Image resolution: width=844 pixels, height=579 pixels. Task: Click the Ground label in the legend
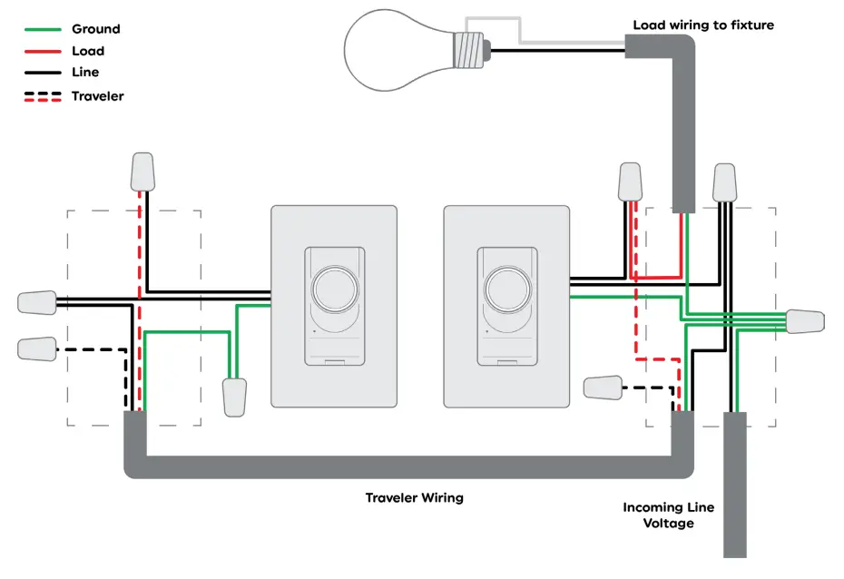[95, 29]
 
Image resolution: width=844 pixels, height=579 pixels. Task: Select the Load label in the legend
[88, 51]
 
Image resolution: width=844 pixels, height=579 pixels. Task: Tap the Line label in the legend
[85, 73]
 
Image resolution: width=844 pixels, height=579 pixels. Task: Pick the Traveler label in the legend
[97, 95]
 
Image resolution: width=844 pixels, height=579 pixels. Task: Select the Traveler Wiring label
[414, 497]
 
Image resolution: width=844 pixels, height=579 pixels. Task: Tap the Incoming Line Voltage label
[668, 515]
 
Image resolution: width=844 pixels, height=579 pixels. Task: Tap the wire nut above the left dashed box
[142, 172]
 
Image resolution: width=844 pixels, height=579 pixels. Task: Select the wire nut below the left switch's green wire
[234, 397]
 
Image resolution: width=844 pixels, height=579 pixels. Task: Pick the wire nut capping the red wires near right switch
[631, 182]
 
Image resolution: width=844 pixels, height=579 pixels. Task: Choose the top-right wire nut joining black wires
[724, 182]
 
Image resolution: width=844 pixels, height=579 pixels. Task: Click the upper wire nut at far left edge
[37, 302]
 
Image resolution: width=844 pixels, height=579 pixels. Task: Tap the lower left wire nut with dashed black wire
[36, 348]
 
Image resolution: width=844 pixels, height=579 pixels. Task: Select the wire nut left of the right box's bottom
[604, 388]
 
